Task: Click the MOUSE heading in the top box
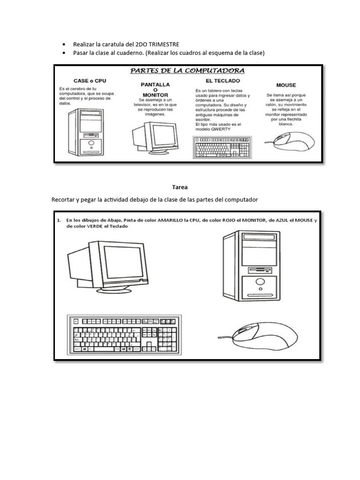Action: (286, 85)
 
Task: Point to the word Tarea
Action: (180, 187)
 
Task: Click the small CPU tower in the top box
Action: (86, 132)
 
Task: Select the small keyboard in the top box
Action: (222, 147)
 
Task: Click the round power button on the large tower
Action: (259, 282)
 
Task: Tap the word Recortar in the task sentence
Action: (63, 200)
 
